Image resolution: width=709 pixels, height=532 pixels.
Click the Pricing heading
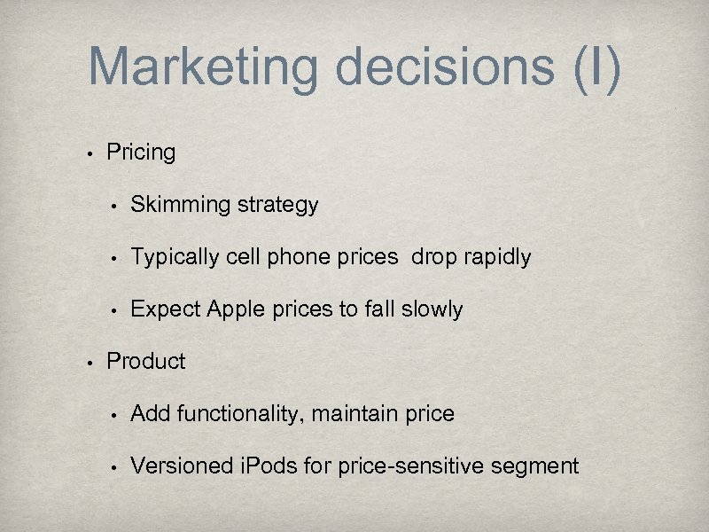click(x=141, y=153)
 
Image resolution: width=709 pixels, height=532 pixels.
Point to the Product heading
click(x=146, y=362)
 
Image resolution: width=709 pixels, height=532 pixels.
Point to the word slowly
click(x=432, y=309)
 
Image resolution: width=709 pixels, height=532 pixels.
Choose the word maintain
click(x=372, y=414)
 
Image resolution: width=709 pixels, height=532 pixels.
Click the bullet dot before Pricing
click(x=90, y=153)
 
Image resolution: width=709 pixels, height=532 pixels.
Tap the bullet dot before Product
click(x=90, y=362)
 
